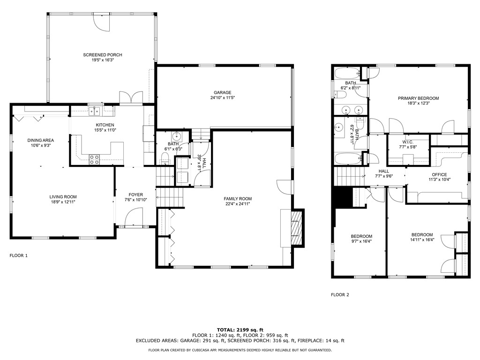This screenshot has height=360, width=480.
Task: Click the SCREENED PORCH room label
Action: pos(103,55)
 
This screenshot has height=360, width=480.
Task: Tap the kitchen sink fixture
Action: pos(95,112)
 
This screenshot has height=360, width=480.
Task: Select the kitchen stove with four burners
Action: pos(95,159)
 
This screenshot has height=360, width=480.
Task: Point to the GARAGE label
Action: pos(223,92)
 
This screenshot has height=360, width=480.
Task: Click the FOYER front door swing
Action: pos(134,217)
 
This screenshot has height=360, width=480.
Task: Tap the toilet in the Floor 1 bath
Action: pos(165,159)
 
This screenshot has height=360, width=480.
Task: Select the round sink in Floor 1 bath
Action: pos(177,135)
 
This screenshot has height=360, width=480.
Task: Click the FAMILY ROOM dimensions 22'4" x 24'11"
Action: pos(238,204)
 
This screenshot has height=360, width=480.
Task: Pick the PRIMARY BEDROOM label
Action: pos(419,98)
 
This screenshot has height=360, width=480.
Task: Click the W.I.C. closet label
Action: pos(408,142)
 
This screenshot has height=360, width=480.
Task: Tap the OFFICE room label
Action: pos(439,174)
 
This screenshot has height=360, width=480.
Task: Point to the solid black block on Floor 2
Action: pos(342,197)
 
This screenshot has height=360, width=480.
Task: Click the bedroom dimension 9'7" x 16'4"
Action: pos(361,241)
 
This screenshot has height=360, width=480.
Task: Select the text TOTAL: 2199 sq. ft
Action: pos(240,330)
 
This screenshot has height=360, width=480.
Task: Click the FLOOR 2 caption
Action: pos(340,295)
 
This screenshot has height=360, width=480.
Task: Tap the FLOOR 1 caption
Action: pos(19,255)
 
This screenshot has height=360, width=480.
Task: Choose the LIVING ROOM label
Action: pos(63,197)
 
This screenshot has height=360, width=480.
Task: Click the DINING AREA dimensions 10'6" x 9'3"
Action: pos(41,145)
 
